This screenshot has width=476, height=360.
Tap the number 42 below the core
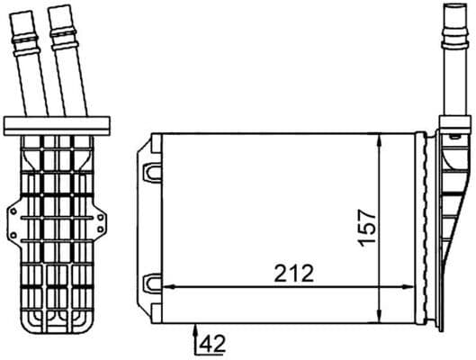click(x=212, y=342)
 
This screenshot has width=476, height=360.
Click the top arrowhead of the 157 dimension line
click(x=383, y=138)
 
